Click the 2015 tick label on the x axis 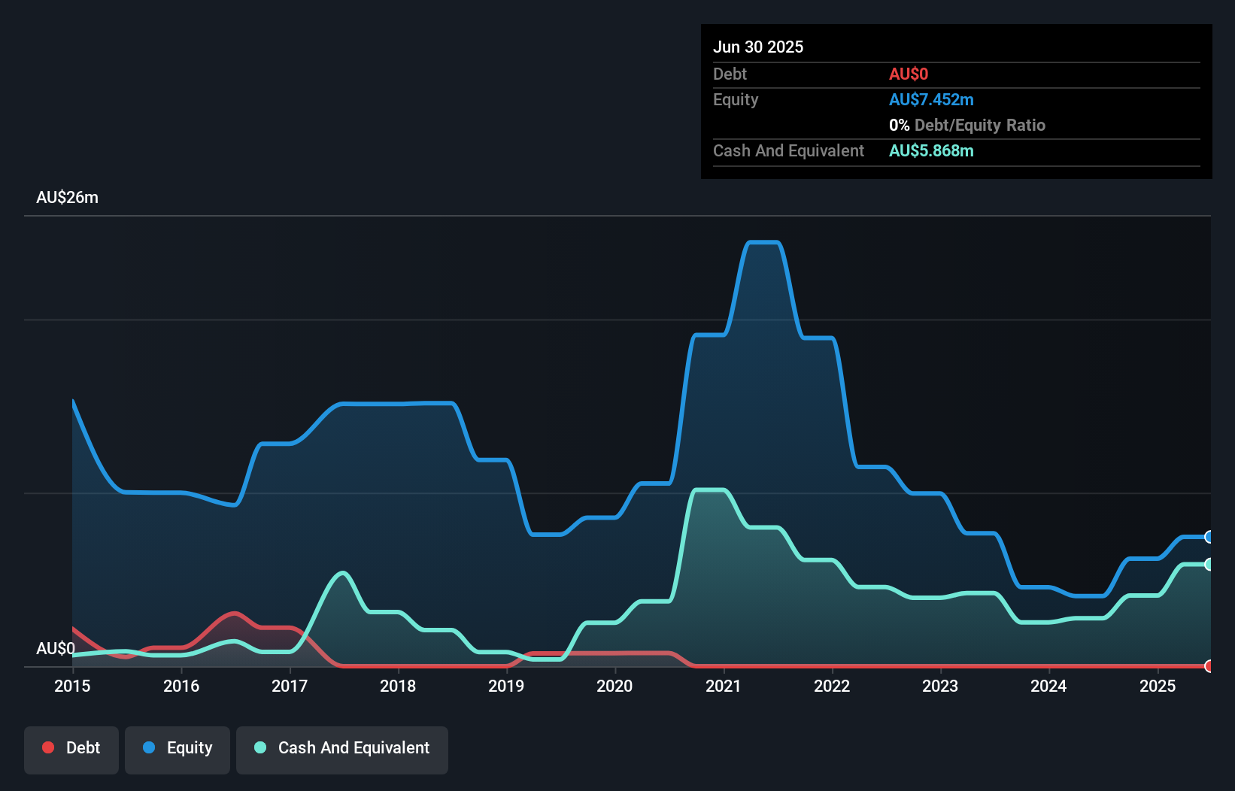click(72, 686)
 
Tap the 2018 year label click(398, 686)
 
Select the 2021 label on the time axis click(723, 686)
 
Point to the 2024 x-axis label click(1048, 686)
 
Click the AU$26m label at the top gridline click(67, 197)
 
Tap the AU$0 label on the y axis click(55, 648)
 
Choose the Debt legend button click(71, 748)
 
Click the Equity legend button click(178, 748)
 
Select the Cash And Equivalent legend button click(342, 748)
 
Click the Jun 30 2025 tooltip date click(758, 47)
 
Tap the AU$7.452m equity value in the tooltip click(931, 100)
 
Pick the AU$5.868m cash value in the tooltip click(931, 151)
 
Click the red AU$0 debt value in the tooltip click(909, 74)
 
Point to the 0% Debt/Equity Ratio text click(967, 126)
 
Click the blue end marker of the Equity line click(1209, 537)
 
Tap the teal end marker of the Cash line click(1209, 564)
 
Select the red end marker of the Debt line click(1209, 666)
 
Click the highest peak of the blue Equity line click(763, 242)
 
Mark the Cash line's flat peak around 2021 click(709, 490)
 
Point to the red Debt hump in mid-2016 click(235, 614)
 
